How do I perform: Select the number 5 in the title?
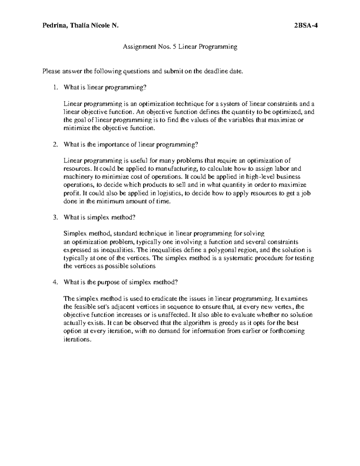coord(174,47)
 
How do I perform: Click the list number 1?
coord(54,88)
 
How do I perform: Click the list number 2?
coord(54,144)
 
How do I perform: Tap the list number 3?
coord(54,218)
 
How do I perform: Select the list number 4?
coord(54,282)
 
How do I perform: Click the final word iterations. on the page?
coord(77,340)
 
